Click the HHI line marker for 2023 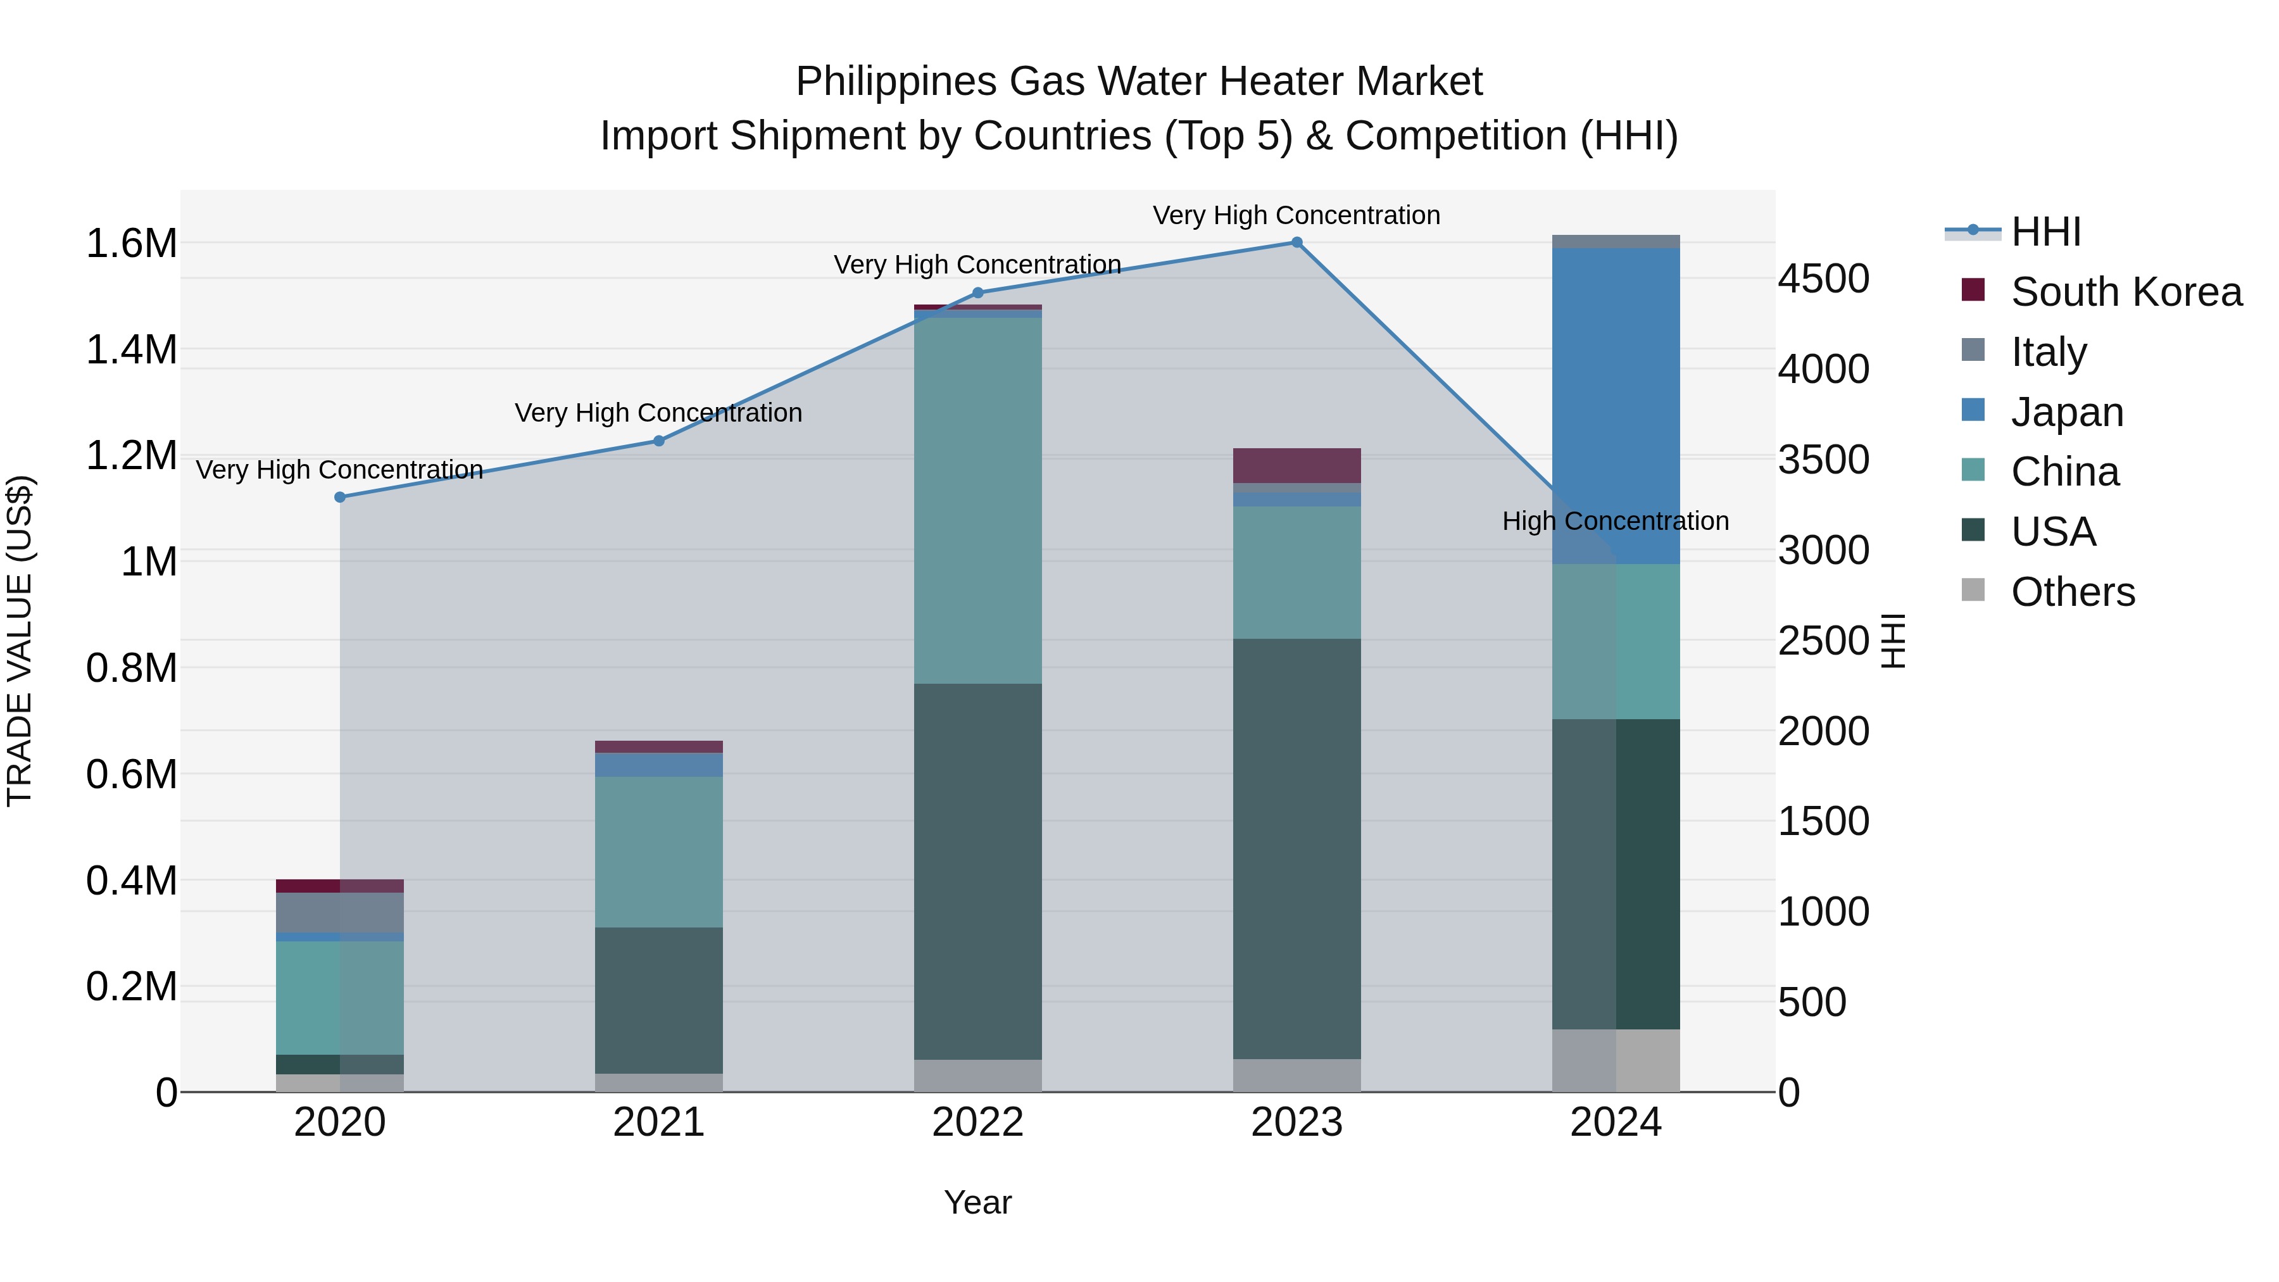[x=1296, y=242]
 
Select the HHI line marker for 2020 [x=340, y=497]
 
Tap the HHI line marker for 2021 [x=658, y=441]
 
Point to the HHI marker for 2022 [x=977, y=293]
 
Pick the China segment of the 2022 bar [x=977, y=500]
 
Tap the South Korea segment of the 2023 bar [x=1296, y=465]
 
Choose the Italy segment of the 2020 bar [x=340, y=912]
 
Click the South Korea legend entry [x=2126, y=292]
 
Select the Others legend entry [x=2072, y=592]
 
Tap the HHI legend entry [x=2045, y=232]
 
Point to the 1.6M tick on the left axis [x=131, y=243]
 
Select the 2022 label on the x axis [x=977, y=1122]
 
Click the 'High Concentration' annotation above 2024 [x=1616, y=521]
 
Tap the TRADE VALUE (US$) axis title [x=20, y=641]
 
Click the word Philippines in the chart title [x=896, y=82]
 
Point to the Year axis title [x=977, y=1202]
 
